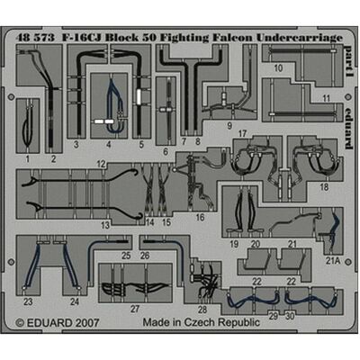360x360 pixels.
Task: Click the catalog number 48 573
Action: [x=36, y=38]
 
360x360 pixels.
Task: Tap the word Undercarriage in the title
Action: [x=299, y=38]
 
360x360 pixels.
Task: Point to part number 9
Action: [x=229, y=126]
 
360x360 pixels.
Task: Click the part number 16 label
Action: [x=200, y=217]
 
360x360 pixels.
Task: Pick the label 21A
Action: [x=333, y=261]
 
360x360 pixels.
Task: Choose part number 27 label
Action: [x=135, y=309]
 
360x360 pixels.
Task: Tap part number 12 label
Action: [x=101, y=164]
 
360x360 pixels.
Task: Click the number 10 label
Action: [x=278, y=68]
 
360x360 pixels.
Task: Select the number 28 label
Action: [x=202, y=310]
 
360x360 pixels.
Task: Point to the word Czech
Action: [x=200, y=322]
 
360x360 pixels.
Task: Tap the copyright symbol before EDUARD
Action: [x=20, y=323]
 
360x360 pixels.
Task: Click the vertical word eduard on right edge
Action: [x=348, y=128]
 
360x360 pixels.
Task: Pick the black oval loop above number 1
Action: [x=28, y=126]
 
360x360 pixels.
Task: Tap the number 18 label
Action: [x=324, y=187]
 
